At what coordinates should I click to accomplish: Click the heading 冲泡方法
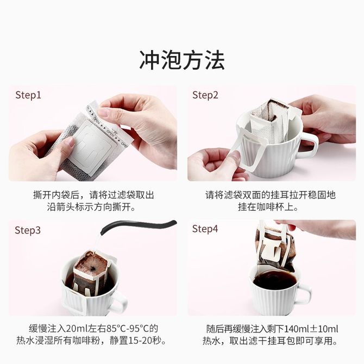pyautogui.click(x=182, y=60)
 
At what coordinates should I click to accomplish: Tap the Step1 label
pyautogui.click(x=28, y=96)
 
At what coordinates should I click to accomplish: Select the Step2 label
pyautogui.click(x=205, y=96)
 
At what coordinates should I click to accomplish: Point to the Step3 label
pyautogui.click(x=28, y=230)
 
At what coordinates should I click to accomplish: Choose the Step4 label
pyautogui.click(x=205, y=229)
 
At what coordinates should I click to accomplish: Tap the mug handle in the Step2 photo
pyautogui.click(x=309, y=146)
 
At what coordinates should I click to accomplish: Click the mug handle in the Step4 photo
pyautogui.click(x=304, y=294)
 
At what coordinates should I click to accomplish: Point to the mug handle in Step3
pyautogui.click(x=120, y=301)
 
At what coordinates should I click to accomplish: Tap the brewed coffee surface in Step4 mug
pyautogui.click(x=274, y=280)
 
